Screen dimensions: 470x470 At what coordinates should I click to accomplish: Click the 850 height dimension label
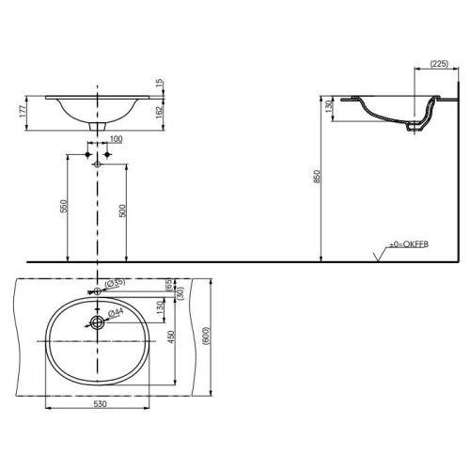(x=317, y=177)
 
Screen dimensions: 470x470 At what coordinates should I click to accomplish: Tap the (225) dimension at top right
(x=439, y=64)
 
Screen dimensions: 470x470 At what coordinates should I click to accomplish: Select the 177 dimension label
(x=23, y=111)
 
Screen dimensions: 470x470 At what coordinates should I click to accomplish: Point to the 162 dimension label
(x=159, y=112)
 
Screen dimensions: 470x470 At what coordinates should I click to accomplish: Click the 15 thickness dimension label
(x=160, y=83)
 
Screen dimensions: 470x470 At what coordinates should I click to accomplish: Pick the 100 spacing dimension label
(x=116, y=139)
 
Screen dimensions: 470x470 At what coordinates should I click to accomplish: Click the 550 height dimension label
(x=64, y=206)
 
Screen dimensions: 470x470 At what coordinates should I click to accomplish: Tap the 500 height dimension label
(x=122, y=211)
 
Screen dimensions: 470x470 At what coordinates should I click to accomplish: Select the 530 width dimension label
(x=100, y=404)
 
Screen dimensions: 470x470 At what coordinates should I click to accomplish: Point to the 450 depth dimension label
(x=171, y=337)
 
